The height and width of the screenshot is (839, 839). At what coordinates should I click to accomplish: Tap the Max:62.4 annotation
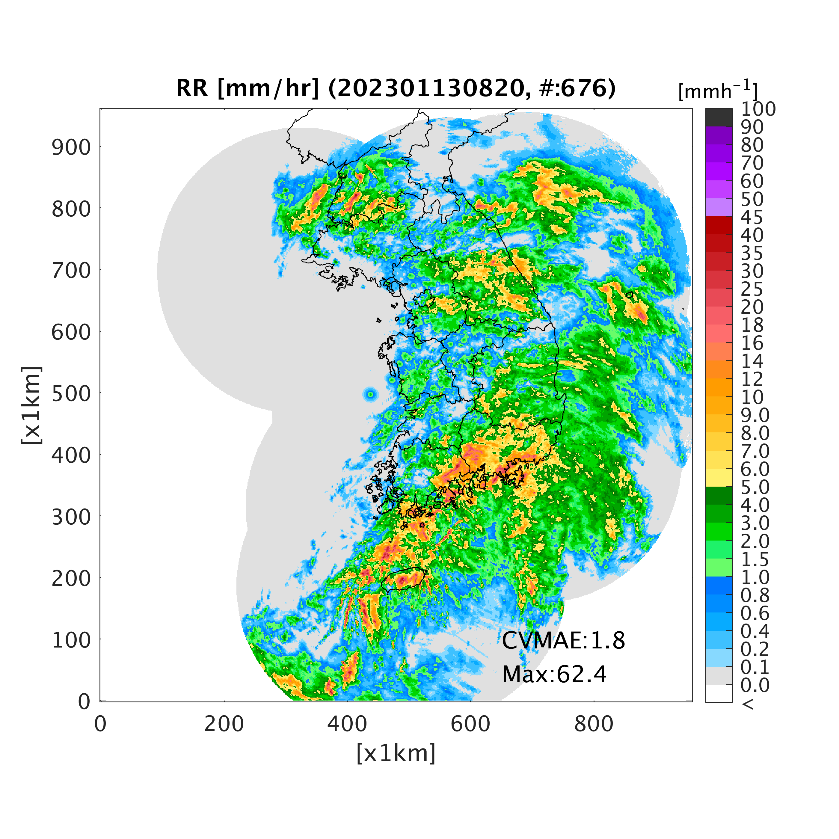coord(554,674)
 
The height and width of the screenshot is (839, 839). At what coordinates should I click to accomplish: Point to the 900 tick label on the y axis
coord(72,148)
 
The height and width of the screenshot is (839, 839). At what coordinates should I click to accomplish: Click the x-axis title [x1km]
coord(396,753)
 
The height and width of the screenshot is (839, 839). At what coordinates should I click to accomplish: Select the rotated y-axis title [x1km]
coord(31,405)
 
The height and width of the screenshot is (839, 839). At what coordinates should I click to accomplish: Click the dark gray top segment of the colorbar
coord(719,117)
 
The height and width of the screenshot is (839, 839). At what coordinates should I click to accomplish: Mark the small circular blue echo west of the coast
coord(370,395)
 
